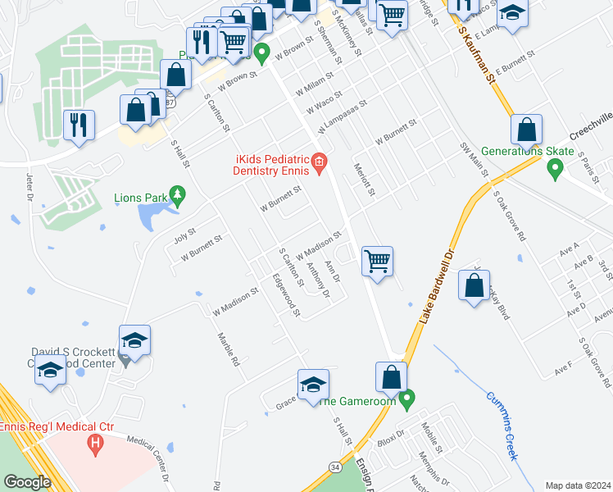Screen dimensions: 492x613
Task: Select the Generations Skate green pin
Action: [555, 168]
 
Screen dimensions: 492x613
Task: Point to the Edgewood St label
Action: [288, 294]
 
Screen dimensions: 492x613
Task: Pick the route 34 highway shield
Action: [334, 465]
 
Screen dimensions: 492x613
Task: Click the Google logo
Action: [26, 482]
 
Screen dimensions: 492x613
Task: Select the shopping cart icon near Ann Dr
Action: [377, 262]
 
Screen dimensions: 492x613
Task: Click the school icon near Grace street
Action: [313, 385]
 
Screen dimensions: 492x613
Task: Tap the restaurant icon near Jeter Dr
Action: [79, 125]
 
